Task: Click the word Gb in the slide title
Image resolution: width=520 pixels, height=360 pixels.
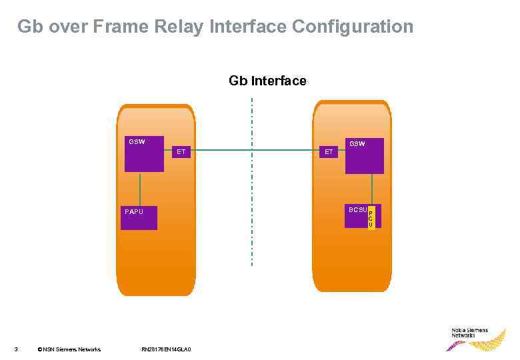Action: point(29,27)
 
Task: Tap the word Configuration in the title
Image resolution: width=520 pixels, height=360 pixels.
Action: point(352,27)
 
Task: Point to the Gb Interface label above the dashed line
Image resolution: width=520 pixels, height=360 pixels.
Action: point(267,81)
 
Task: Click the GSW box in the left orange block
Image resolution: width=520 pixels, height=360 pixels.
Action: point(143,154)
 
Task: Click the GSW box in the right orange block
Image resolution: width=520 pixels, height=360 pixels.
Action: point(364,156)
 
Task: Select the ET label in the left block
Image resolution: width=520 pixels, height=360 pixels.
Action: point(181,152)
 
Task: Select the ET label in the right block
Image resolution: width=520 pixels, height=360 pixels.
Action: point(329,152)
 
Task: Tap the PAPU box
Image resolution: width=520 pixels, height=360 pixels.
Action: point(139,217)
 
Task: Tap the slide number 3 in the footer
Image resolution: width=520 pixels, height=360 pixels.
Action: point(16,349)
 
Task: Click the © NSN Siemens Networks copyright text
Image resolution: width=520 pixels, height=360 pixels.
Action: point(69,349)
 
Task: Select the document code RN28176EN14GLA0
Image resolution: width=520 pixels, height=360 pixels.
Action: point(167,349)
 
